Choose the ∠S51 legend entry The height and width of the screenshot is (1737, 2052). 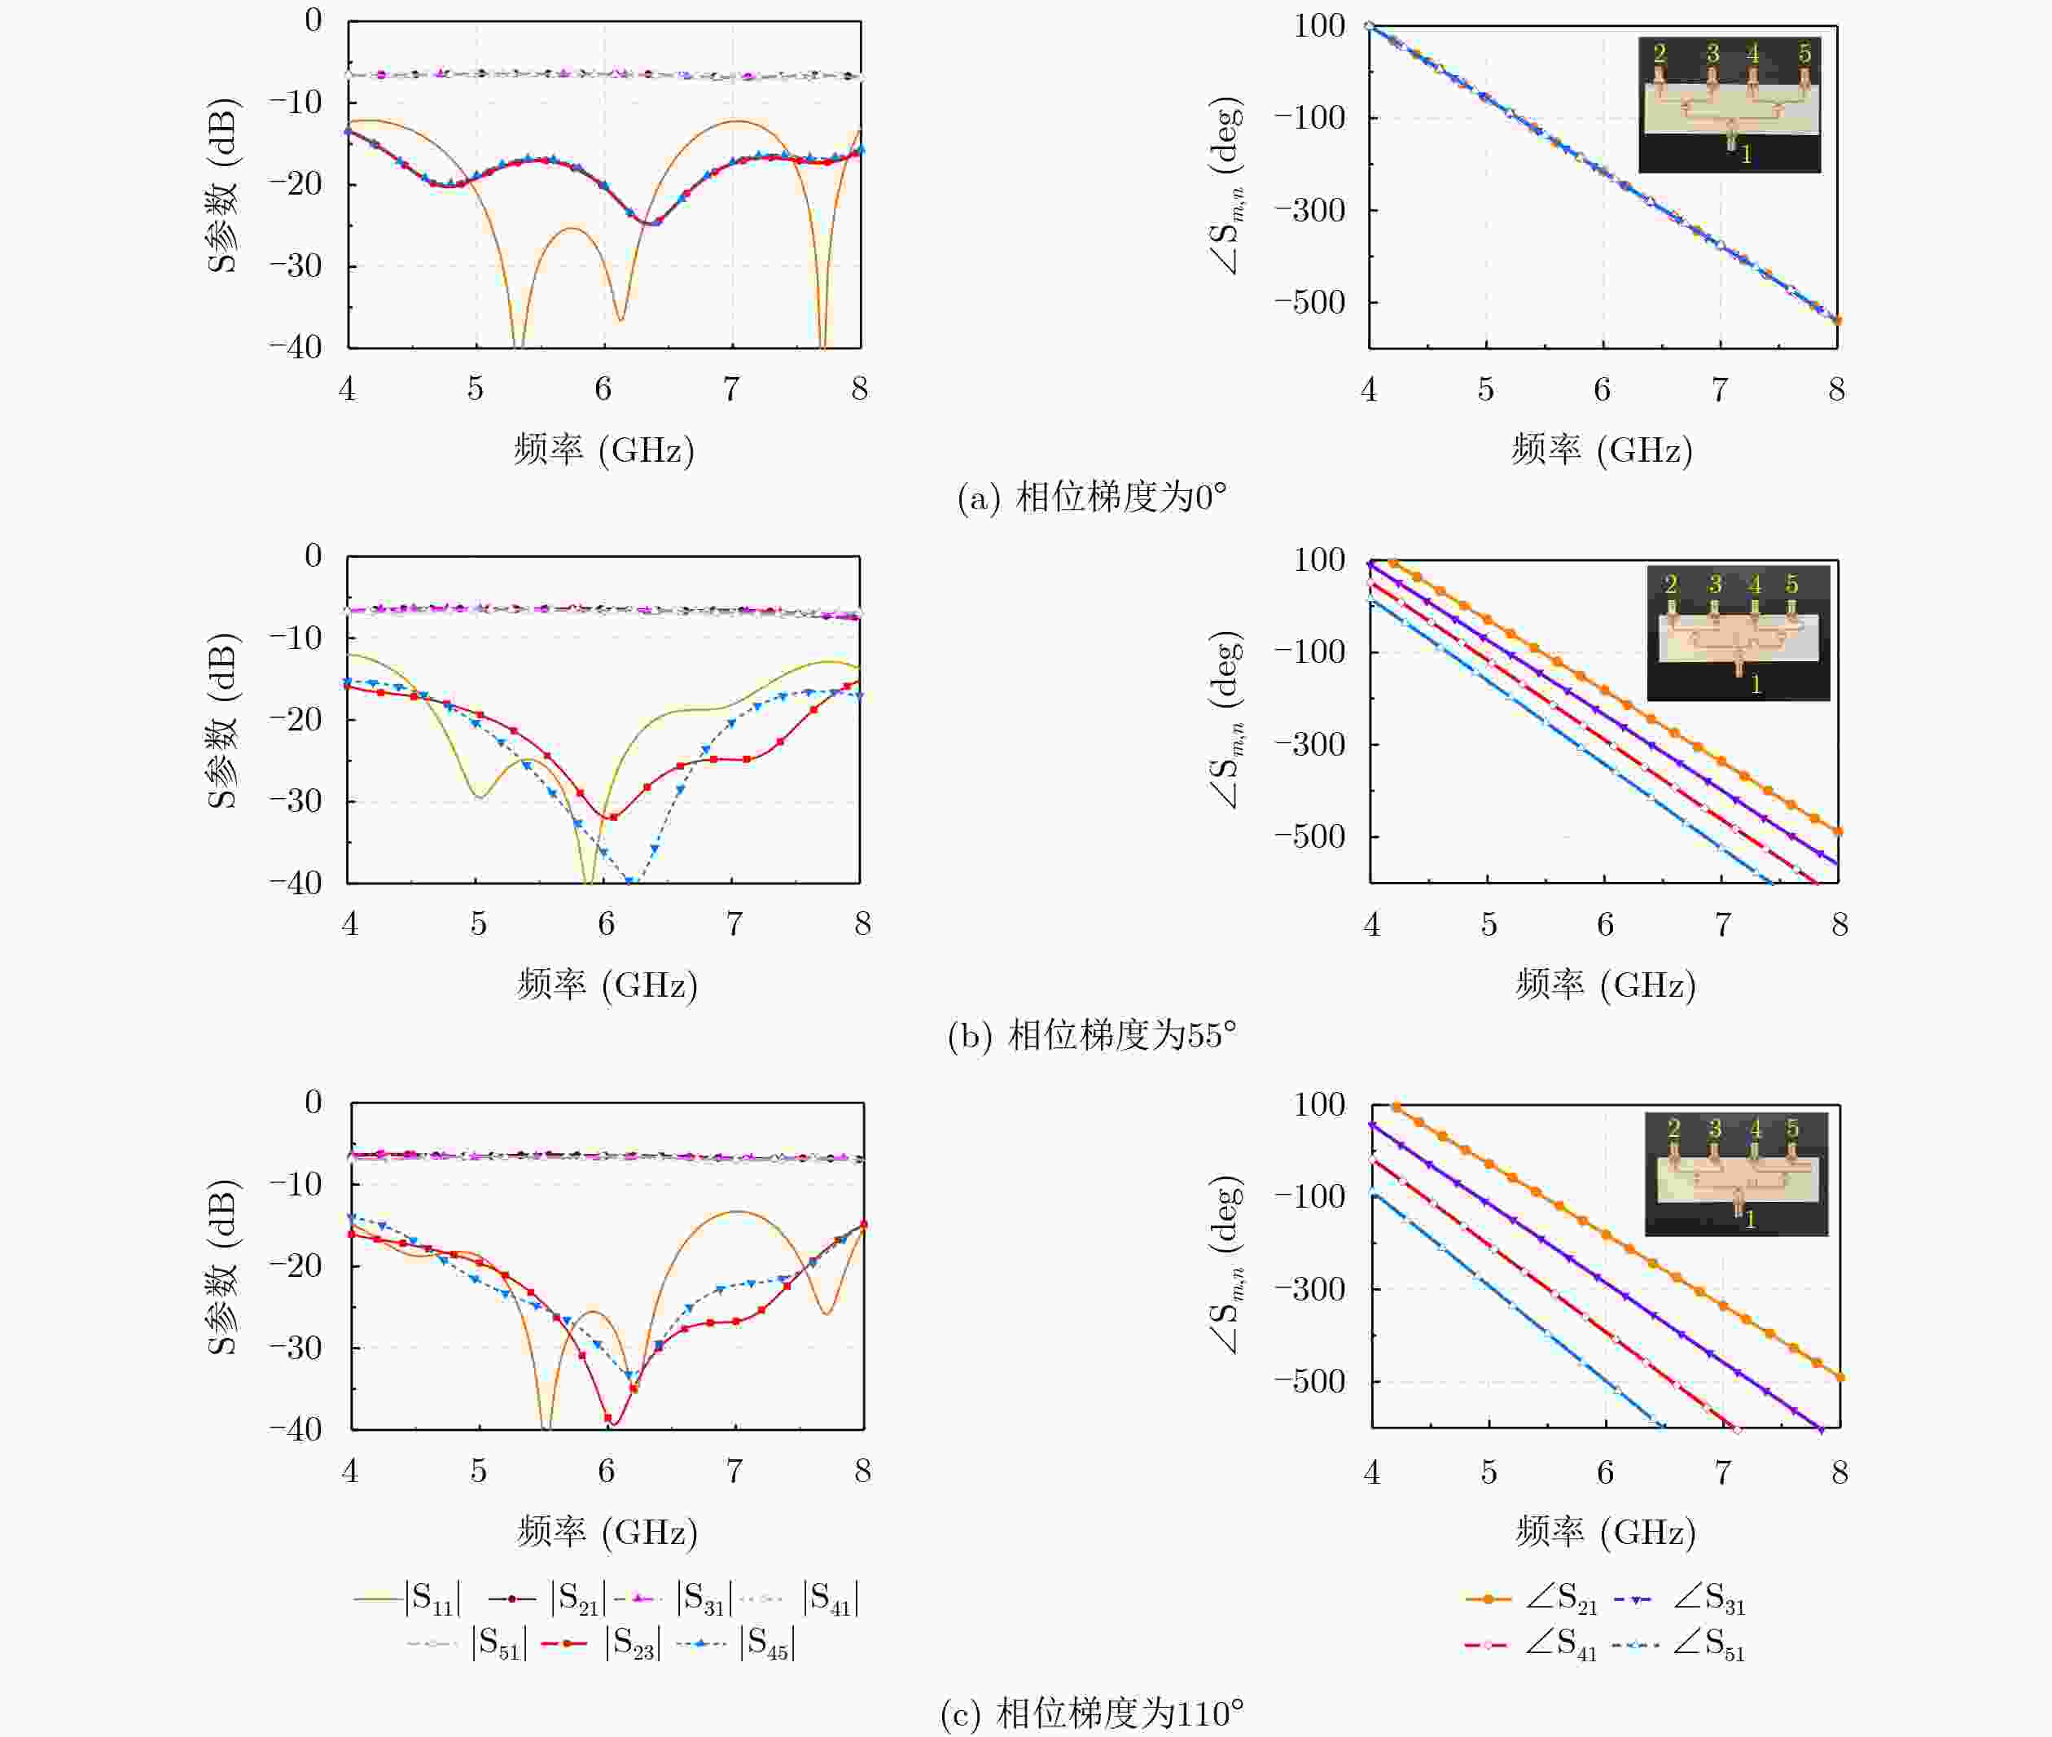pyautogui.click(x=1679, y=1644)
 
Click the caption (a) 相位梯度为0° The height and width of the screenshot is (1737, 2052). pyautogui.click(x=1092, y=498)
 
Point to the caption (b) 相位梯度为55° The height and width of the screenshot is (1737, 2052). pyautogui.click(x=1092, y=1035)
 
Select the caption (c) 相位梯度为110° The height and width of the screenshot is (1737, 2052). pyautogui.click(x=1092, y=1714)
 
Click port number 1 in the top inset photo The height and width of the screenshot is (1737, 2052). pyautogui.click(x=1746, y=155)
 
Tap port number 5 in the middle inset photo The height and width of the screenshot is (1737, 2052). pyautogui.click(x=1792, y=585)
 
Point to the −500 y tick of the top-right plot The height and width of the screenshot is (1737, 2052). pyautogui.click(x=1309, y=302)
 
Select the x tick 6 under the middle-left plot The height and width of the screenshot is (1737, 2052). pyautogui.click(x=606, y=923)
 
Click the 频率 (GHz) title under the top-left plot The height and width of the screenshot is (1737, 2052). pyautogui.click(x=603, y=450)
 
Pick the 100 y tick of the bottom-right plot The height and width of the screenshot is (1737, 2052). pyautogui.click(x=1319, y=1105)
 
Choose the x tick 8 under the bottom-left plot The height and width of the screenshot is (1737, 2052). pyautogui.click(x=862, y=1472)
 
